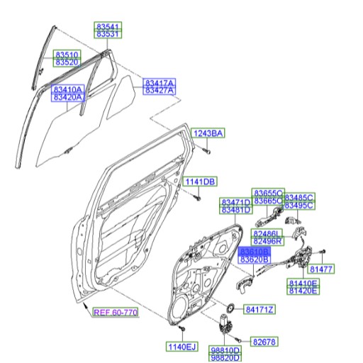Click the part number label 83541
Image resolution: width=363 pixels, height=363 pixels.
point(108,26)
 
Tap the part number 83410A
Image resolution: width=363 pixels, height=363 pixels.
point(67,90)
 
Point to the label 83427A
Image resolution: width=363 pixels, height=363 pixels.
point(160,91)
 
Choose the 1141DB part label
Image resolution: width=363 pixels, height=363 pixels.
point(201,182)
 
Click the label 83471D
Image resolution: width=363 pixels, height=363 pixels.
point(235,202)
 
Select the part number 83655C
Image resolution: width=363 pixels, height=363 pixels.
point(269,193)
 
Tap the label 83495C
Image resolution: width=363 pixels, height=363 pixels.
point(299,206)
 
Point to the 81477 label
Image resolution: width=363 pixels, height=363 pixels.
point(320,269)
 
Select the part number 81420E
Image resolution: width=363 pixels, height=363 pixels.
point(303,291)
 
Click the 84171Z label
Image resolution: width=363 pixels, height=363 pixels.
point(259,309)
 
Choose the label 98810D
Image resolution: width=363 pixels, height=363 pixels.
point(225,350)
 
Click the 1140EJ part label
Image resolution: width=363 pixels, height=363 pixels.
point(181,347)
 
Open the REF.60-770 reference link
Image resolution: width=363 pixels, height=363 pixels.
point(116,312)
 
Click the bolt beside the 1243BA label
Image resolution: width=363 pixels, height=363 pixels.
point(204,150)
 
